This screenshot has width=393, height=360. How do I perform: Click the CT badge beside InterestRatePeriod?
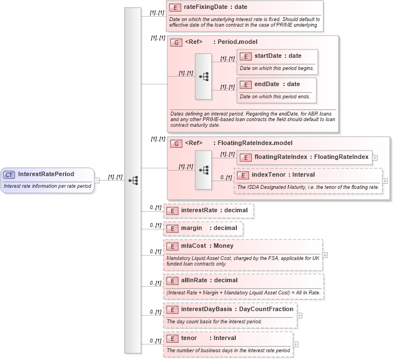[x=9, y=174]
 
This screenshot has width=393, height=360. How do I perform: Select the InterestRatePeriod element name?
[x=46, y=174]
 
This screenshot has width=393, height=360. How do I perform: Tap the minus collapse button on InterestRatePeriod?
[x=97, y=180]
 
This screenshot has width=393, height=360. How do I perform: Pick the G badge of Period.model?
[x=176, y=42]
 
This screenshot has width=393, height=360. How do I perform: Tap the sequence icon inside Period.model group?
[x=203, y=76]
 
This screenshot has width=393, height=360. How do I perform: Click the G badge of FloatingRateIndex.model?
[x=176, y=143]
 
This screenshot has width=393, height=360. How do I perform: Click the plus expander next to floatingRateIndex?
[x=375, y=158]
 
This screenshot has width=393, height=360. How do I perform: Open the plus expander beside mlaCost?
[x=325, y=255]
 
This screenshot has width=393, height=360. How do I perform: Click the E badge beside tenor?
[x=172, y=338]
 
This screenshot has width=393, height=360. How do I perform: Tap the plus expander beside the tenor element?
[x=295, y=344]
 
